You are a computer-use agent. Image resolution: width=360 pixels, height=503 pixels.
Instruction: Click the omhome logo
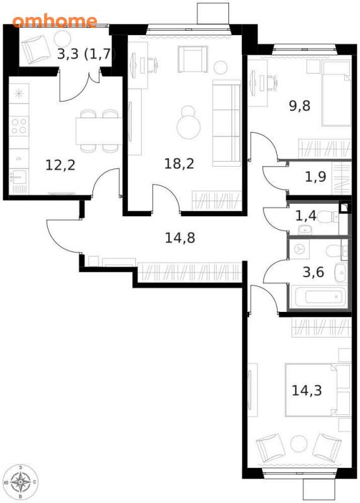(55, 21)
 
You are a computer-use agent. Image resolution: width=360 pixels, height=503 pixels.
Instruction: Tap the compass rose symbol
(20, 482)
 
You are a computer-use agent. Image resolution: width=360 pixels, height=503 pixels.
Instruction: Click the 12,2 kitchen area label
(60, 165)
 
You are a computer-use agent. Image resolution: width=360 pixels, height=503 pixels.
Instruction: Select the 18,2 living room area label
(179, 163)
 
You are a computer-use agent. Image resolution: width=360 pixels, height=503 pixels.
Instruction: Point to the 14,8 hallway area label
(180, 238)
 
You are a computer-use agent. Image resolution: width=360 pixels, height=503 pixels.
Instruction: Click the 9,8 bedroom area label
(300, 106)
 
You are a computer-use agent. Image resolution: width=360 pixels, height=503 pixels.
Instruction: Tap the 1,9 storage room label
(315, 177)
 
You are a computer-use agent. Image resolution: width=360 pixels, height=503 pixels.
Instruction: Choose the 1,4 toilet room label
(306, 216)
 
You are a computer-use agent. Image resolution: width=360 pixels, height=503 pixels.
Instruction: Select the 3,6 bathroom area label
(313, 272)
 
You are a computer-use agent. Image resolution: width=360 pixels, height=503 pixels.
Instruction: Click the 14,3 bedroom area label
(307, 390)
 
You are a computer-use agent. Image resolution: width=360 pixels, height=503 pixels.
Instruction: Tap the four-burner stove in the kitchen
(19, 126)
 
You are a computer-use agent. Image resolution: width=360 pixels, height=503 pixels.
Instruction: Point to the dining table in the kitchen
(99, 131)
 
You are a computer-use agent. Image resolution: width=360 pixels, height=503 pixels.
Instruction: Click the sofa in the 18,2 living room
(227, 123)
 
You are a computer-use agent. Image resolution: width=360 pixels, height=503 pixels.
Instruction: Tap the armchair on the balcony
(36, 50)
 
